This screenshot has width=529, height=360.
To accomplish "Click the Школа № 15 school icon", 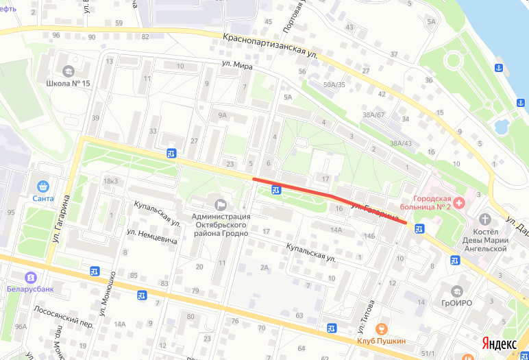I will [x=69, y=71].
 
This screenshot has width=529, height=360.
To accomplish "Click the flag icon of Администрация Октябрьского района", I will [x=221, y=204].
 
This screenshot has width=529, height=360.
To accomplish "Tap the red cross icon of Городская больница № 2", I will [x=459, y=203].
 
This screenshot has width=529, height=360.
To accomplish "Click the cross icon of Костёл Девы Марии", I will [x=486, y=219].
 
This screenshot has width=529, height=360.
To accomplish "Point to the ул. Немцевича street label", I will [x=152, y=237].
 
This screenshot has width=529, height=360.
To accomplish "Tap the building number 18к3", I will [x=110, y=181].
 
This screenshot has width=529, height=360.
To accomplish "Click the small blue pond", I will [x=502, y=125].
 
